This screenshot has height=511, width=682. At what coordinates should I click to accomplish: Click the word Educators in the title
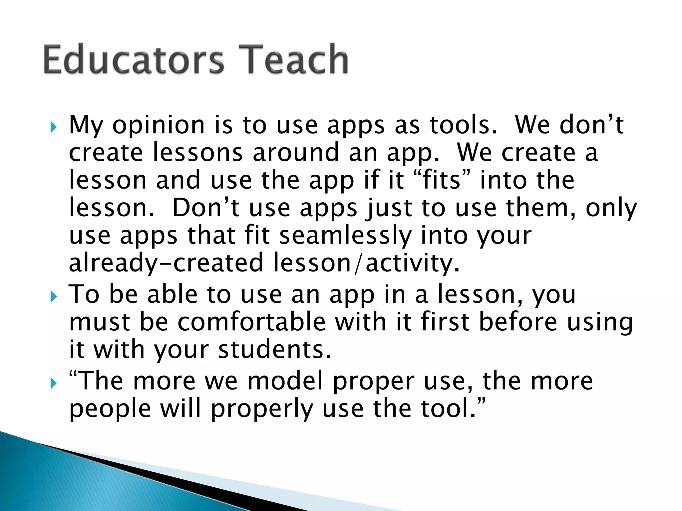coord(133,60)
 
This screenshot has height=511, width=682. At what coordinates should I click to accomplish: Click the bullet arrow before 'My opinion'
coord(54,127)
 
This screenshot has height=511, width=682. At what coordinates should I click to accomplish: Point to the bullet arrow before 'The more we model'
coord(54,383)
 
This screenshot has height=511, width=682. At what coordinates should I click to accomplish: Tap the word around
coord(296,153)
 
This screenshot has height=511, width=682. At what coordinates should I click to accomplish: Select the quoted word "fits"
coord(443,180)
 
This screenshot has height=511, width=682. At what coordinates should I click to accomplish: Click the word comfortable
coord(251,322)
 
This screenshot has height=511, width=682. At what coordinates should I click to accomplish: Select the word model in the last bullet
coord(285,381)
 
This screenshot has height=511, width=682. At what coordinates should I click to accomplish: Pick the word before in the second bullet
coord(518,322)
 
